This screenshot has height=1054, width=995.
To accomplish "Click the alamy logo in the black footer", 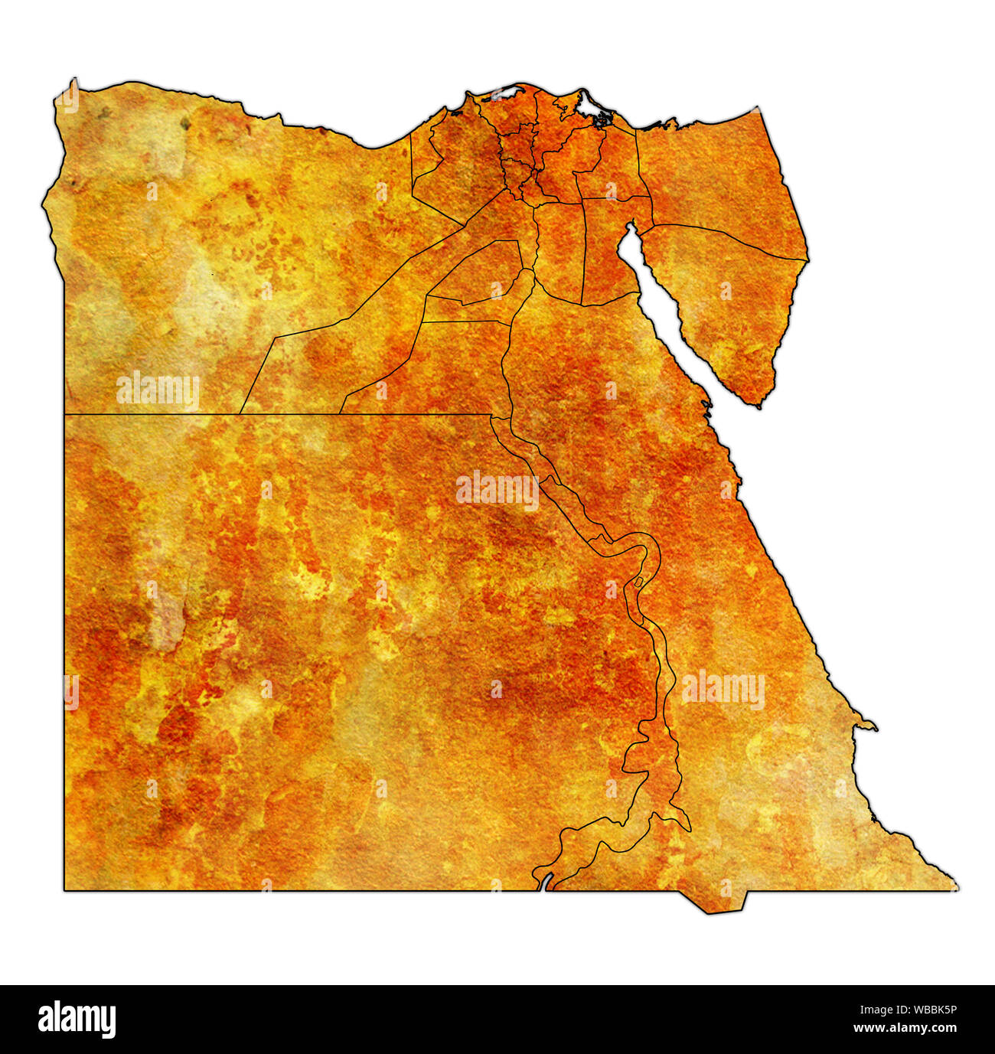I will click(77, 1019).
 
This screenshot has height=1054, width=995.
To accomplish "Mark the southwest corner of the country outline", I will click(64, 889).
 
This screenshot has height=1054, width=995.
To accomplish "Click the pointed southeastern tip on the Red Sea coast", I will click(956, 888).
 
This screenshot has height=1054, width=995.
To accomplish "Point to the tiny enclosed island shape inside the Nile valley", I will click(638, 583).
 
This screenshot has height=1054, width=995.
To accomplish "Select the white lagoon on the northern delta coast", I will click(506, 94).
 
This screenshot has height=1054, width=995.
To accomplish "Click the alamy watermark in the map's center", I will click(497, 490).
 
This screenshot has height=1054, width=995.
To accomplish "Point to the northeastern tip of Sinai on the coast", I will click(757, 109).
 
